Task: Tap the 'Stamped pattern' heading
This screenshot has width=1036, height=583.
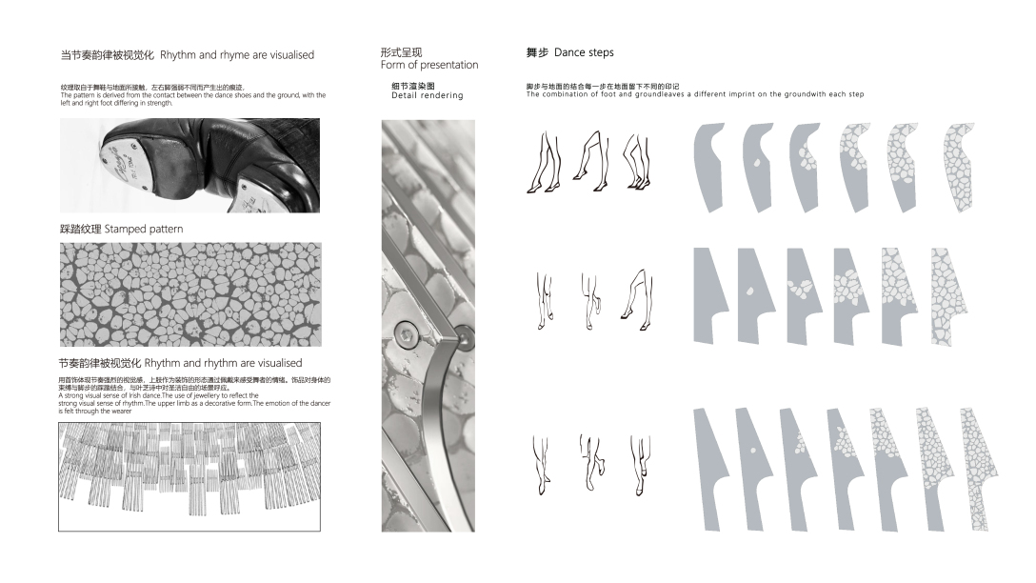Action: pos(121,230)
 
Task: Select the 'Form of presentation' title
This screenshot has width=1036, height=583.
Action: pos(428,59)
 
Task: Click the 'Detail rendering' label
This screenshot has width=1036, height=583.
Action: pos(427,91)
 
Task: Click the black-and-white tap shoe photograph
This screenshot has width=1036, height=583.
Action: pos(189,165)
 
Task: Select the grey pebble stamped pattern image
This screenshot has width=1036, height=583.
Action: pos(189,294)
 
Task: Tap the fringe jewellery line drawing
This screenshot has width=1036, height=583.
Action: pos(189,476)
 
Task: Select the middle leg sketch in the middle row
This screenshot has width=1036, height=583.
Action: pos(589,299)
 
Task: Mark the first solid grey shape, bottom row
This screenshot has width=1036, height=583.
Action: pos(710,467)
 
